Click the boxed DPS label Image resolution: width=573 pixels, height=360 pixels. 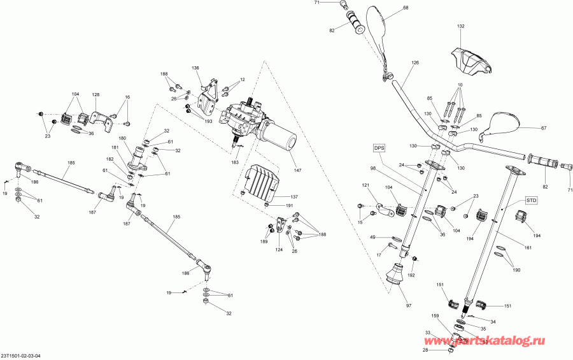tap(379, 148)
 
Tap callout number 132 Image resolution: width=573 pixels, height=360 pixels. tap(460, 26)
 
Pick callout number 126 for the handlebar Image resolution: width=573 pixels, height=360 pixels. tap(415, 62)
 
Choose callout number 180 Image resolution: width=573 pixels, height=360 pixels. tap(122, 138)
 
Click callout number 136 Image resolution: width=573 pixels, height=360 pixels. tap(195, 68)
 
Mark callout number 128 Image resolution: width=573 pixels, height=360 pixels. tap(95, 94)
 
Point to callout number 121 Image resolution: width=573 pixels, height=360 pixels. tap(366, 185)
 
